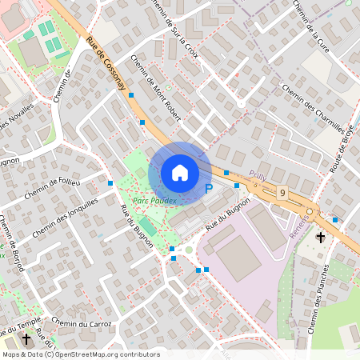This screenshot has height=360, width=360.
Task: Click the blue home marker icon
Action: tap(179, 173)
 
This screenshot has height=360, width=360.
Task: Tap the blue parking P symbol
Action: tap(209, 189)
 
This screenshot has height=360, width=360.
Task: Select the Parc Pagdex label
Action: tap(154, 200)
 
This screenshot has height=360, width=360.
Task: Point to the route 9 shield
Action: tap(283, 192)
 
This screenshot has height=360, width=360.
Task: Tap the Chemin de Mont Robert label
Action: tap(155, 89)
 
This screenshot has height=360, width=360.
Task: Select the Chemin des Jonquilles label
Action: tap(66, 218)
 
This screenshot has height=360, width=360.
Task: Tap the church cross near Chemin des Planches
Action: tap(321, 237)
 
